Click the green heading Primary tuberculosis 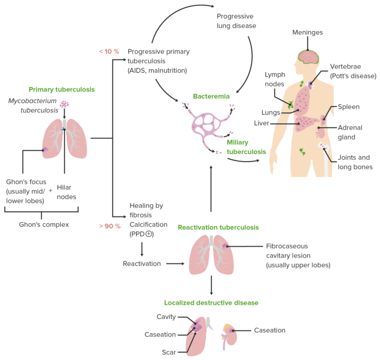coord(61,90)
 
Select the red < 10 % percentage coord(109,51)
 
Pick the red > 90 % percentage coord(109,226)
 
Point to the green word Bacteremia coord(211,96)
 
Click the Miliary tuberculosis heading coord(246,147)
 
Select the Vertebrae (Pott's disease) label coord(353,71)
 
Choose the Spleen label coord(348,107)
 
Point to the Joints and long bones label coord(354,162)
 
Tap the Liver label coord(261,123)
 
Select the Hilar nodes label coord(66,192)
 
